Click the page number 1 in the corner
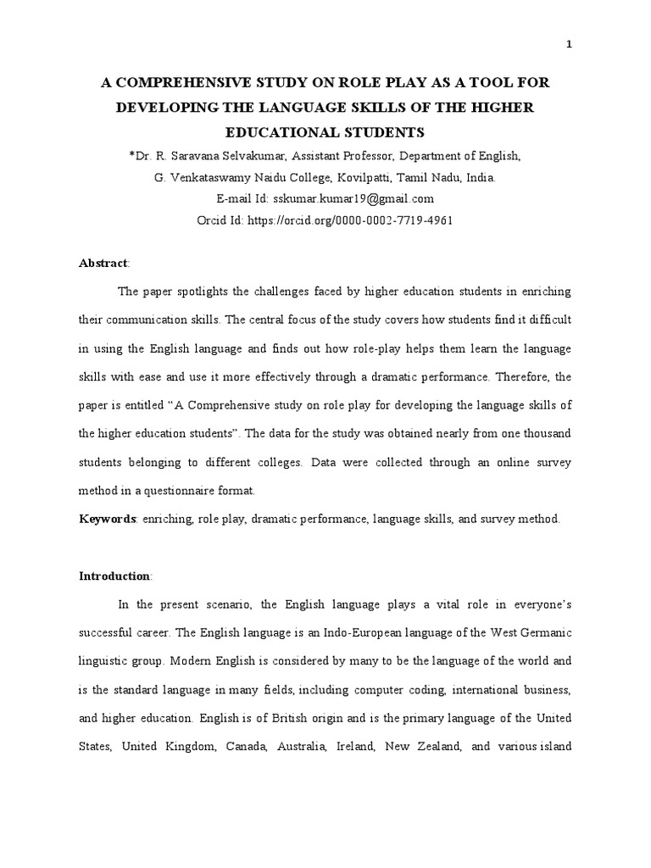pos(569,45)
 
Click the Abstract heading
pos(102,264)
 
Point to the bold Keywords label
pos(108,519)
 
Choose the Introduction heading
pos(114,576)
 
